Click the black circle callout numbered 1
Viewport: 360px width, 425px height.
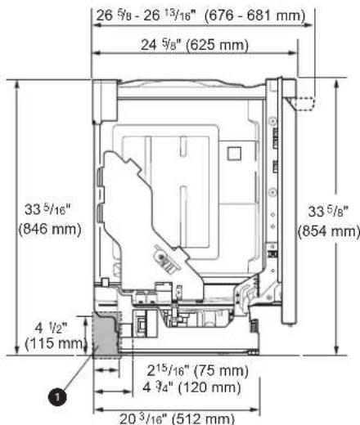coord(57,396)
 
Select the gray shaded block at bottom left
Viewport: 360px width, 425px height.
coord(106,335)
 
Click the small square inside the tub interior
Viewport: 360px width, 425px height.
coord(235,152)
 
